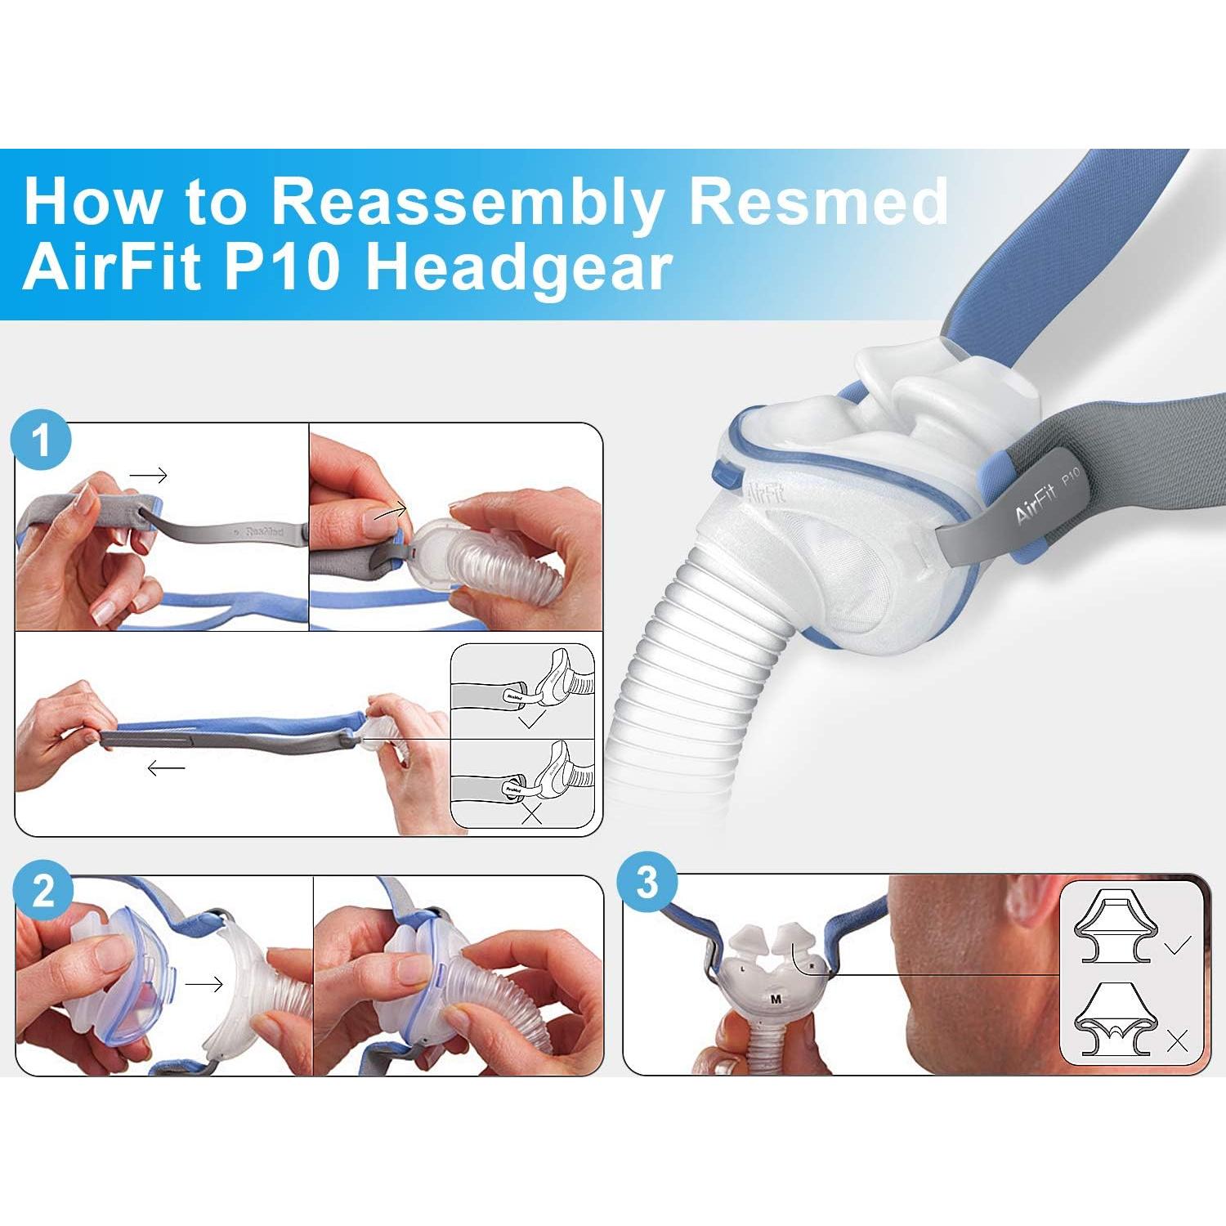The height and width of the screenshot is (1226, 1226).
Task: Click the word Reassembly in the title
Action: pos(466,203)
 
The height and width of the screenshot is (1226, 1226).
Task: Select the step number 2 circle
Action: pos(43,890)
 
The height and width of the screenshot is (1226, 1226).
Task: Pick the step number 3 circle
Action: pos(647,884)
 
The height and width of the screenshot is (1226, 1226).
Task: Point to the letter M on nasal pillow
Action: pos(776,999)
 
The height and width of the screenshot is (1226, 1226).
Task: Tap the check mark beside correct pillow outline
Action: pos(1178,946)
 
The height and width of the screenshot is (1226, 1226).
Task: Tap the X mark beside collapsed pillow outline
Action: pos(1178,1040)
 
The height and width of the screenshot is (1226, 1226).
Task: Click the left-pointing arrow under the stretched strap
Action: pos(167,768)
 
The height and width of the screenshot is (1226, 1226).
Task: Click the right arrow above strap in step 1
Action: pos(149,475)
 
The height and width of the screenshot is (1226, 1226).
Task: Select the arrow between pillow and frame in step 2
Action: pos(204,984)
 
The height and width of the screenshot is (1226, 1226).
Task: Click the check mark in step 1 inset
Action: pos(531,720)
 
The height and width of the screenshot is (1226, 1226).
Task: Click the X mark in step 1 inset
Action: pos(532,813)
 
